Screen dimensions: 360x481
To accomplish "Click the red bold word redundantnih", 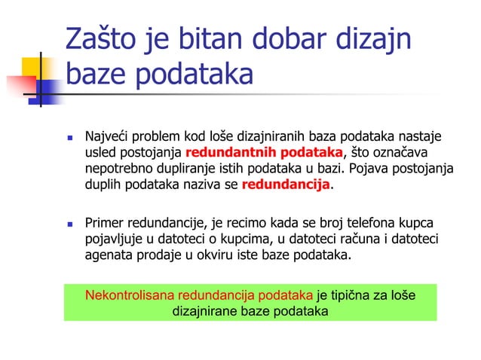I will pyautogui.click(x=220, y=154).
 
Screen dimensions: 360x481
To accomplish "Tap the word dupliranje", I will pyautogui.click(x=182, y=169).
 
